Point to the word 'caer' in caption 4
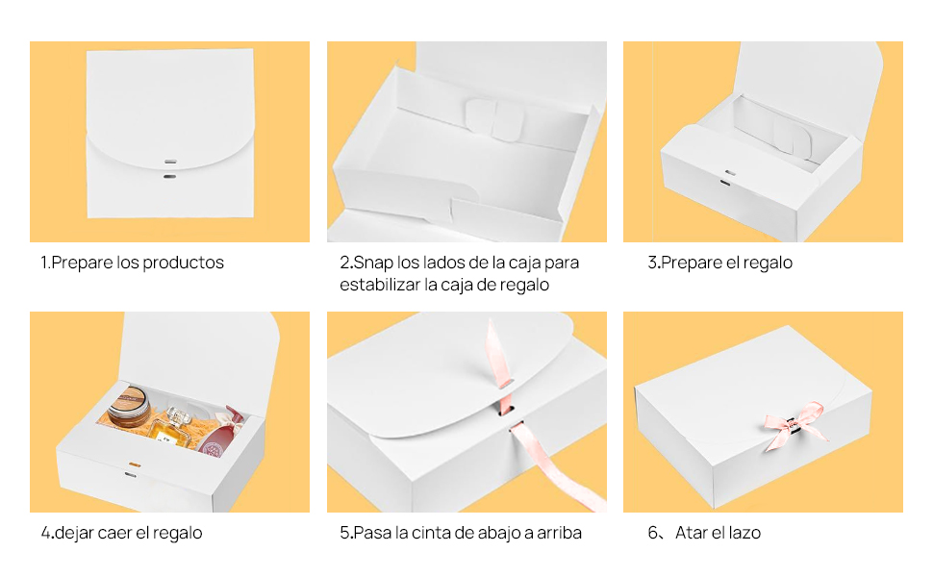pyautogui.click(x=116, y=533)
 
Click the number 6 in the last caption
pyautogui.click(x=652, y=533)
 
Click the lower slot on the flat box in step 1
pyautogui.click(x=170, y=177)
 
